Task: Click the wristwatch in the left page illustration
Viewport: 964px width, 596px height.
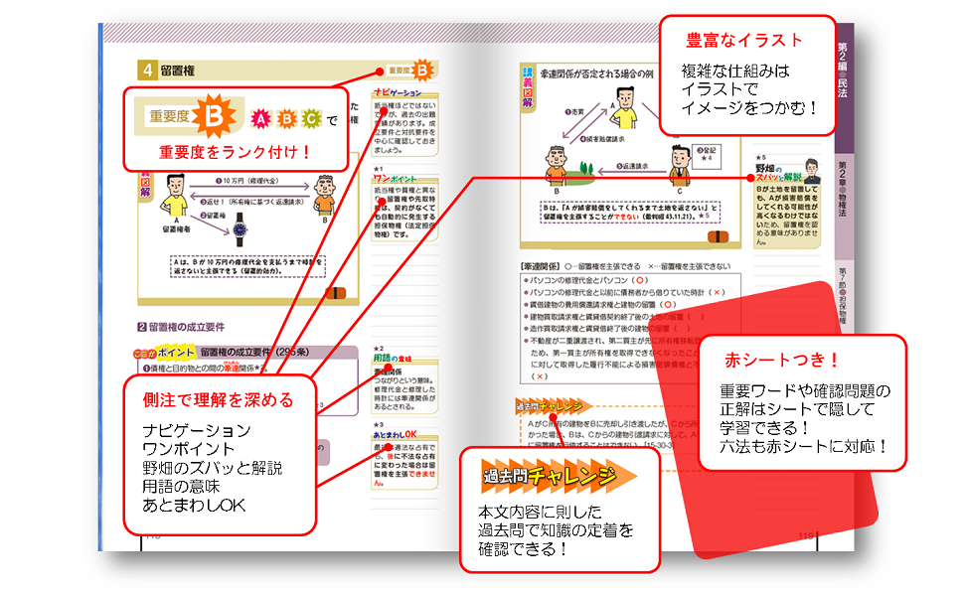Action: click(240, 233)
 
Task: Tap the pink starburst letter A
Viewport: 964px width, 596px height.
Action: click(261, 120)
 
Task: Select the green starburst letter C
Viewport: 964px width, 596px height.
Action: click(311, 120)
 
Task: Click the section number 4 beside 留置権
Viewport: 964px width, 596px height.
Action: click(146, 70)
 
